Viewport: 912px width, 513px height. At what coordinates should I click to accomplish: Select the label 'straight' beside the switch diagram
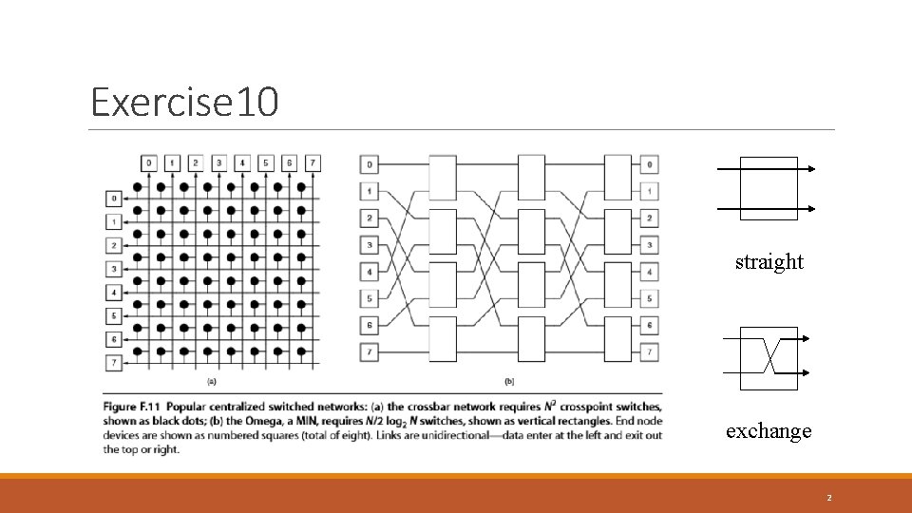(769, 261)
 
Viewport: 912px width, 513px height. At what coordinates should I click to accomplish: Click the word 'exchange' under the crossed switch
(769, 431)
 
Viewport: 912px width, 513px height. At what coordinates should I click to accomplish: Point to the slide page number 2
(829, 497)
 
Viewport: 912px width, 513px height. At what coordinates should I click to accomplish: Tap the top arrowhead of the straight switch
(809, 169)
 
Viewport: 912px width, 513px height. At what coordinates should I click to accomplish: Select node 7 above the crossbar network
(313, 163)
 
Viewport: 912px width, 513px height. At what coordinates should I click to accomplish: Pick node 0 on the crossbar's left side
(114, 199)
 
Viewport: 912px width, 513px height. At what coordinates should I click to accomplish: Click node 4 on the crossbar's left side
(114, 293)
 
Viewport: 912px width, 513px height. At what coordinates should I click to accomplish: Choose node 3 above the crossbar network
(219, 163)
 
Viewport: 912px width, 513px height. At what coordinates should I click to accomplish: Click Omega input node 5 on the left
(369, 299)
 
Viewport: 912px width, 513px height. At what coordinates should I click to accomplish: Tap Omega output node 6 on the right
(649, 326)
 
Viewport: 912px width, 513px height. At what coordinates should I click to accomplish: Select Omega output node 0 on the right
(649, 164)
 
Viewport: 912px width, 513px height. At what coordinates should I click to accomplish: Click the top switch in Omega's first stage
(444, 178)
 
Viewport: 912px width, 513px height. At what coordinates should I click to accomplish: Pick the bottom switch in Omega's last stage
(617, 339)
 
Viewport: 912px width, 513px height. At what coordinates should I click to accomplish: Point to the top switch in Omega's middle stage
(531, 178)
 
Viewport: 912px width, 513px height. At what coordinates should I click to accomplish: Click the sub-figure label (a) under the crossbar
(211, 382)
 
